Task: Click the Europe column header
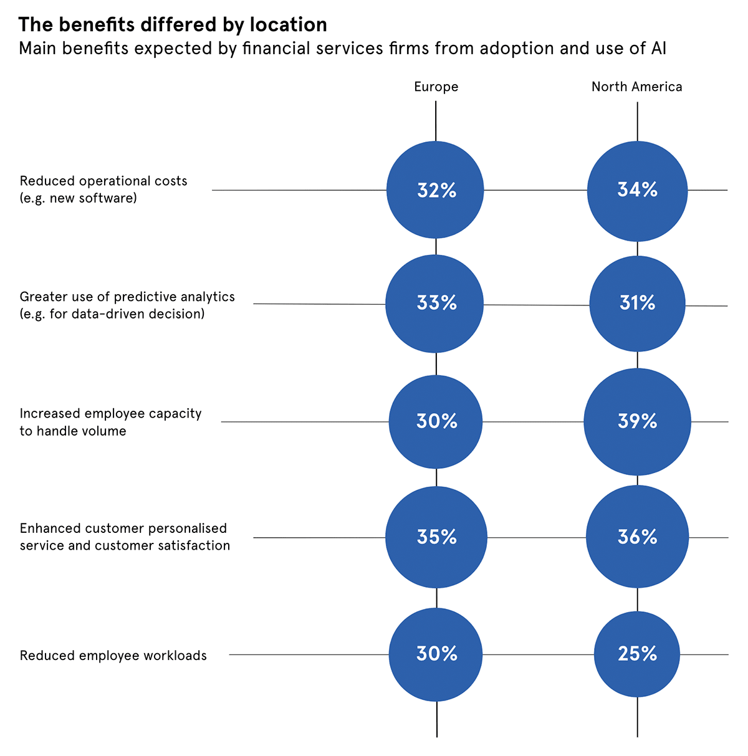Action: (x=436, y=87)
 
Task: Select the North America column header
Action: (x=636, y=87)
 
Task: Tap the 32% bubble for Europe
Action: (x=436, y=190)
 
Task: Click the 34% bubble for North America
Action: (x=637, y=190)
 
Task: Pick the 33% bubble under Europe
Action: (x=436, y=304)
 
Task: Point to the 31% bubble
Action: (x=637, y=304)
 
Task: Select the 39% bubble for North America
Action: (x=637, y=422)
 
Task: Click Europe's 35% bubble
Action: (x=436, y=537)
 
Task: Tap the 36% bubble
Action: (x=637, y=537)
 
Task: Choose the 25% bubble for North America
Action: (x=637, y=654)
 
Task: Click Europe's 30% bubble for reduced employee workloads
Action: (x=436, y=654)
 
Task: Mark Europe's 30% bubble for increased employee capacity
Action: (x=436, y=422)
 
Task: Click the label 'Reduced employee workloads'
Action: (x=113, y=656)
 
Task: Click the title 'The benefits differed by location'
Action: (x=173, y=24)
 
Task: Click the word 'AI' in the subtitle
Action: (x=659, y=49)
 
